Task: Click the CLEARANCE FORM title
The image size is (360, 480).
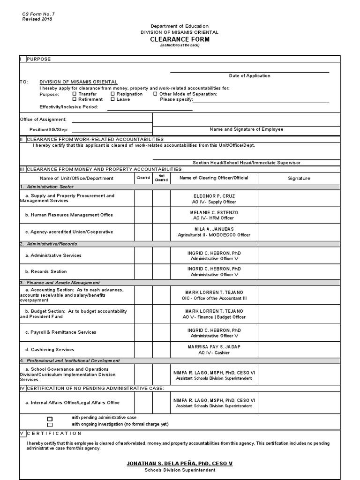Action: pos(180,39)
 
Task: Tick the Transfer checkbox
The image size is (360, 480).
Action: pos(75,94)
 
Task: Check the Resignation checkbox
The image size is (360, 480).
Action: pos(112,94)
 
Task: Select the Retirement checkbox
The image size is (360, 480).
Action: pos(75,99)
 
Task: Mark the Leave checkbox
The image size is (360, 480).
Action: pos(112,99)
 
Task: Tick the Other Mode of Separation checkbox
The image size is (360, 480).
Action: pos(155,94)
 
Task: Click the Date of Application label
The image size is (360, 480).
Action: pos(249,76)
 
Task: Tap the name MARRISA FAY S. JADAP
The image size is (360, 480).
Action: pos(214,346)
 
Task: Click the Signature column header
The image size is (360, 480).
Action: pos(299,178)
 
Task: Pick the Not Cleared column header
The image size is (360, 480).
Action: pos(161,178)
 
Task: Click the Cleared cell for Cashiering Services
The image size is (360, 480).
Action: pos(143,349)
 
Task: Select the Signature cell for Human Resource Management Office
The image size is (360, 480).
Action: pos(299,215)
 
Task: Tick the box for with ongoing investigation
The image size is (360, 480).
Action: pos(50,424)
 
